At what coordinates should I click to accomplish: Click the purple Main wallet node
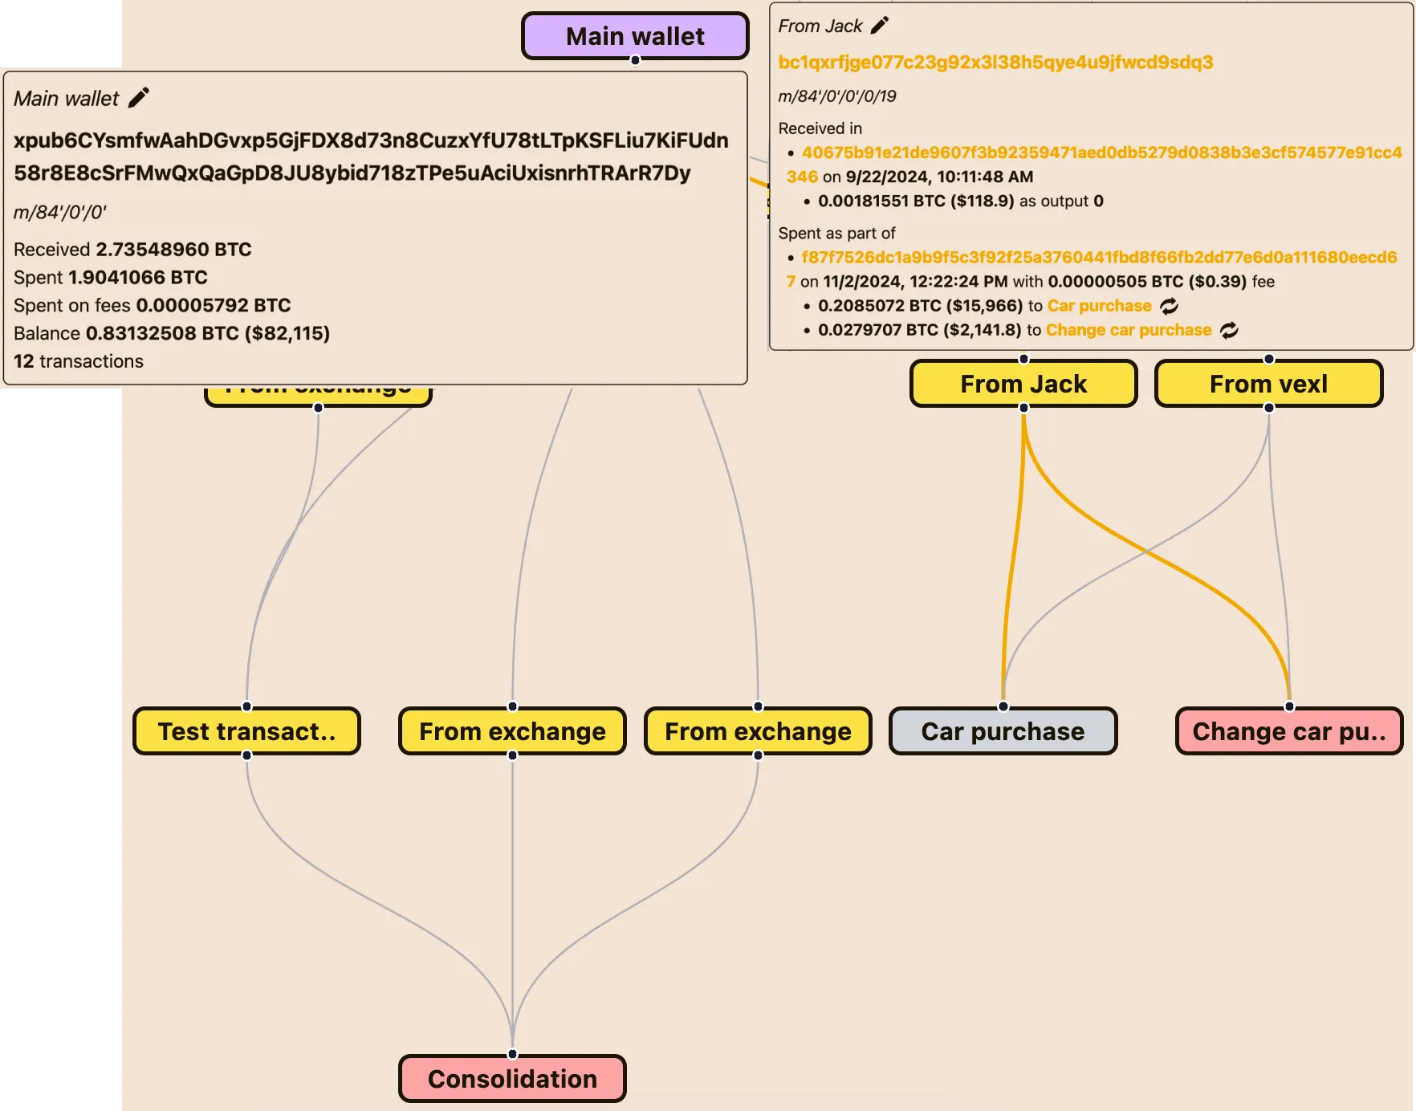tap(635, 36)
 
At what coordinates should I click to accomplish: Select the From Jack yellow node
tap(1023, 384)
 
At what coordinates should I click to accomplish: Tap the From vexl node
tap(1268, 384)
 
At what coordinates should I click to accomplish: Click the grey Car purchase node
tap(1003, 731)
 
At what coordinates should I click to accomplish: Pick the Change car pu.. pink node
tap(1289, 731)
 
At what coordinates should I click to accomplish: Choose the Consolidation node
tap(512, 1079)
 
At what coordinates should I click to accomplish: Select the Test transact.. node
tap(246, 731)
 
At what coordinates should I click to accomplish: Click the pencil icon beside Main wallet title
tap(139, 98)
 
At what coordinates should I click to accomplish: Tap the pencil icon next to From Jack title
tap(880, 26)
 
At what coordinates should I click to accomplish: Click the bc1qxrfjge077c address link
tap(995, 62)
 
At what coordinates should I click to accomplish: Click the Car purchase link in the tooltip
tap(1099, 306)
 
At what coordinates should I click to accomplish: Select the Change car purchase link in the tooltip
tap(1129, 330)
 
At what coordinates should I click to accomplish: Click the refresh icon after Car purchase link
tap(1170, 306)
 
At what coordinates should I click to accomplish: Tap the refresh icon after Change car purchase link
tap(1229, 330)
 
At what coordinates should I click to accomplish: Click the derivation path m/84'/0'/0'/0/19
tap(837, 96)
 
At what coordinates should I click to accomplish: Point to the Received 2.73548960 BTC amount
tap(173, 250)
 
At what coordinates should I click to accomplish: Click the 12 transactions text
tap(79, 361)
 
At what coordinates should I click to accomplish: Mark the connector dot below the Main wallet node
tap(635, 60)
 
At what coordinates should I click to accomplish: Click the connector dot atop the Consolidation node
tap(512, 1054)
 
